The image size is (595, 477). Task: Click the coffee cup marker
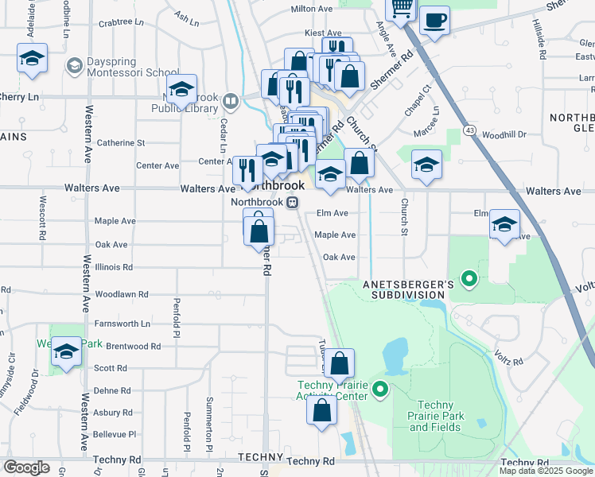tap(434, 21)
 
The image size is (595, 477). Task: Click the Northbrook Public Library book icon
tap(231, 100)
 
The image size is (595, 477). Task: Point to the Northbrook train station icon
tap(293, 202)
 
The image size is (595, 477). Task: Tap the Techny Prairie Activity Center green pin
tap(380, 389)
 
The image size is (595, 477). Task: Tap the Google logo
tap(27, 467)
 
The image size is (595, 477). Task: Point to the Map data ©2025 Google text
tap(546, 471)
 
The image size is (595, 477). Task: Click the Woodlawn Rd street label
tap(122, 294)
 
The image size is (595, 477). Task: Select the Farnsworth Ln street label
tap(122, 324)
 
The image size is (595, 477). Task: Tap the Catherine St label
tap(121, 143)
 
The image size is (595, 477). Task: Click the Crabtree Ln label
tap(121, 22)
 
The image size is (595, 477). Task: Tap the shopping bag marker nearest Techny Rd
tap(322, 412)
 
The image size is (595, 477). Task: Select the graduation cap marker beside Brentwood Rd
tap(66, 351)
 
